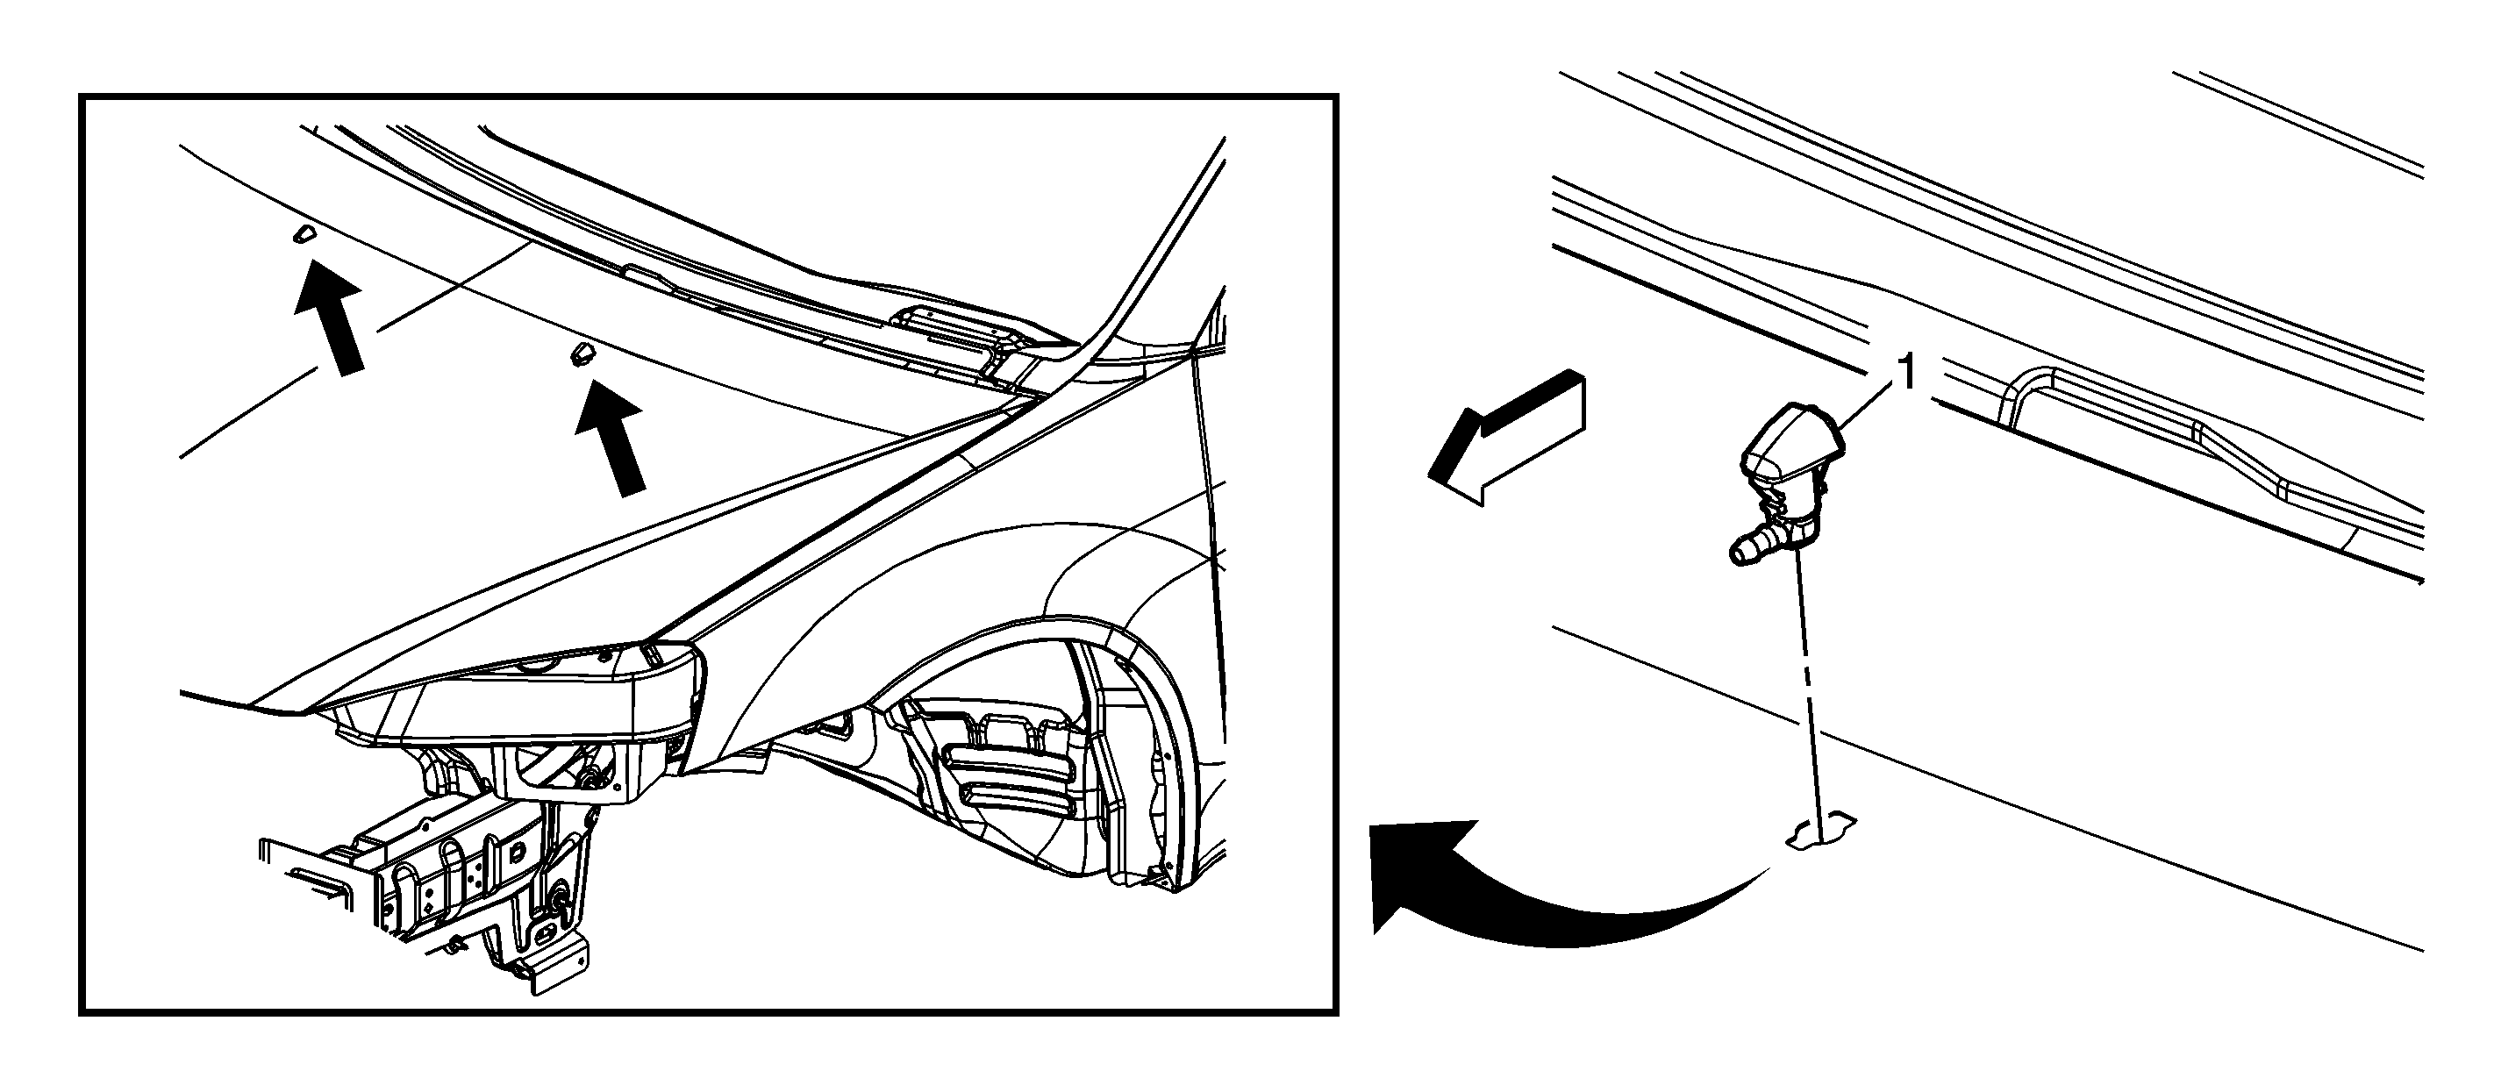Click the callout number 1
[1908, 373]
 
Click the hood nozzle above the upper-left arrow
[302, 234]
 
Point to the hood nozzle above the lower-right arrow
[581, 353]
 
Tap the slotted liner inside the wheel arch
[1010, 777]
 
